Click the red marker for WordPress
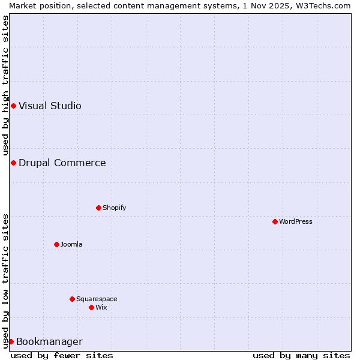coord(275,221)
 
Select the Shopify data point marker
coord(98,208)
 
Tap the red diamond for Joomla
coord(56,244)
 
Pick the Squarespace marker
coord(72,299)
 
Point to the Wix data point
coord(91,307)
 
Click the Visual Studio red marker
coord(13,106)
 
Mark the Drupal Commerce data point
coord(13,163)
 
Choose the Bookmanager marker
coord(11,341)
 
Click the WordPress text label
coord(296,221)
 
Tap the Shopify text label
coord(114,208)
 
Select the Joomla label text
coord(71,244)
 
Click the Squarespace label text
coord(97,299)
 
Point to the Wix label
coord(101,307)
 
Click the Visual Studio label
coord(50,106)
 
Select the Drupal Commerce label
coord(62,163)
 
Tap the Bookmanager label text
coord(49,342)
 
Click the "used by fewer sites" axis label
coord(62,355)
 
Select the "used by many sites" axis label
coord(301,355)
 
